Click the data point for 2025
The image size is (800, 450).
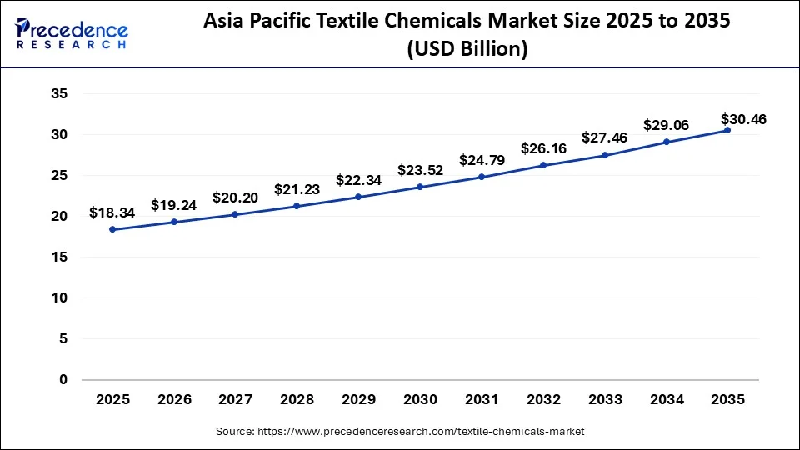pos(112,229)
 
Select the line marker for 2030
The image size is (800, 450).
pos(420,187)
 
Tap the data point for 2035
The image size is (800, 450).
pos(727,130)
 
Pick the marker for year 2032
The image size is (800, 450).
pos(542,165)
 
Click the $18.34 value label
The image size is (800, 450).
pos(112,213)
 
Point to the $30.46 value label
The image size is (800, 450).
pos(744,120)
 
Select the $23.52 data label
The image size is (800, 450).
pos(420,170)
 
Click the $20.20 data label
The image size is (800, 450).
pos(235,197)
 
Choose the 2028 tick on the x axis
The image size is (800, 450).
pos(297,400)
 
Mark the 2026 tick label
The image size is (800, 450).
pos(174,400)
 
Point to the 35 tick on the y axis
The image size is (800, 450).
pos(58,93)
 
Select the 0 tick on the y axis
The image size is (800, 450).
pos(62,380)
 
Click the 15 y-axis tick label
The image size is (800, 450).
pos(58,257)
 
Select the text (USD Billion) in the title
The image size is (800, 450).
pos(467,50)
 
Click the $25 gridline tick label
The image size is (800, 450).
pos(58,175)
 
